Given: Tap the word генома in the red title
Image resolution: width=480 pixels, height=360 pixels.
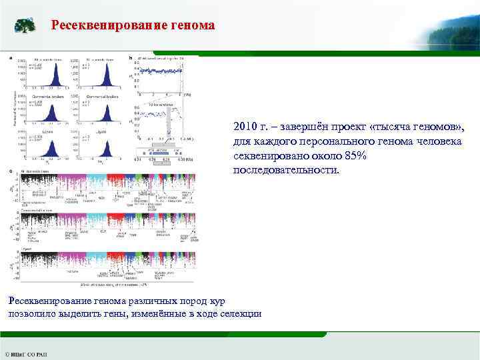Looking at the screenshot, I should [x=193, y=26].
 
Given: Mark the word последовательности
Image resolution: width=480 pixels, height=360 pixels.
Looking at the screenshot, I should [x=286, y=170].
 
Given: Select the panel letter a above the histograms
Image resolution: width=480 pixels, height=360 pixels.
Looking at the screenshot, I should [x=11, y=57].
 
